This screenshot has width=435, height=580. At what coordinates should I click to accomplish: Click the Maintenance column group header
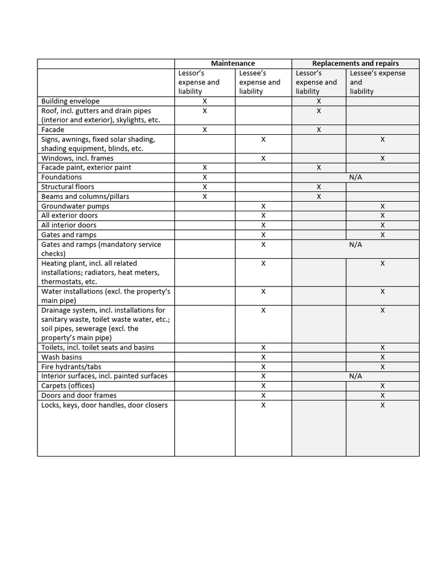pos(233,63)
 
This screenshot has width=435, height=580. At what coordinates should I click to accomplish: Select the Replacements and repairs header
pos(355,63)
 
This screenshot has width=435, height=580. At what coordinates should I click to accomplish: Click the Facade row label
pos(53,130)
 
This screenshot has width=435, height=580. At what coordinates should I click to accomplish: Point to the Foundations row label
pos(62,177)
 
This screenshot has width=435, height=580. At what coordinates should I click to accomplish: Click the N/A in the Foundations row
pos(355,177)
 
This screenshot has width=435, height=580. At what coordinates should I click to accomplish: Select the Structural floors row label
pos(68,187)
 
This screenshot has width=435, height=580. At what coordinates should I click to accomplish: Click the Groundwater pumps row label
pos(75,206)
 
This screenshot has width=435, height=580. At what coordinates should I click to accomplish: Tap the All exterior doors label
pos(70,216)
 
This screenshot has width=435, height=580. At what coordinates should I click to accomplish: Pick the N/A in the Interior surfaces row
pos(355,376)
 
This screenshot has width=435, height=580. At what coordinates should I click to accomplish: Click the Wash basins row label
pos(62,357)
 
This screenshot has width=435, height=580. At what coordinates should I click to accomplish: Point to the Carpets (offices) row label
pos(67,386)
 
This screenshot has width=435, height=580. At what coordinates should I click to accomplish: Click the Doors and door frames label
pos(79,395)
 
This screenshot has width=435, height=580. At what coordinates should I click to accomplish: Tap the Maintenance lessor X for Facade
pos(204,130)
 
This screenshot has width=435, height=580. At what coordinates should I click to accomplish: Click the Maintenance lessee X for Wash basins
pos(263,357)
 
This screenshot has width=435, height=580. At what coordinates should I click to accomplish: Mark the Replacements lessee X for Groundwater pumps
pos(382,206)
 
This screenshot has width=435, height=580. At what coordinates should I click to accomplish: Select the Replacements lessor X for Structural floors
pos(319,187)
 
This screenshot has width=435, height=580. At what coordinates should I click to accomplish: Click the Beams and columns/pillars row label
pos(85,197)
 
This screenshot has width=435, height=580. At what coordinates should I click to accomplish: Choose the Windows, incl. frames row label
pos(78,159)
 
